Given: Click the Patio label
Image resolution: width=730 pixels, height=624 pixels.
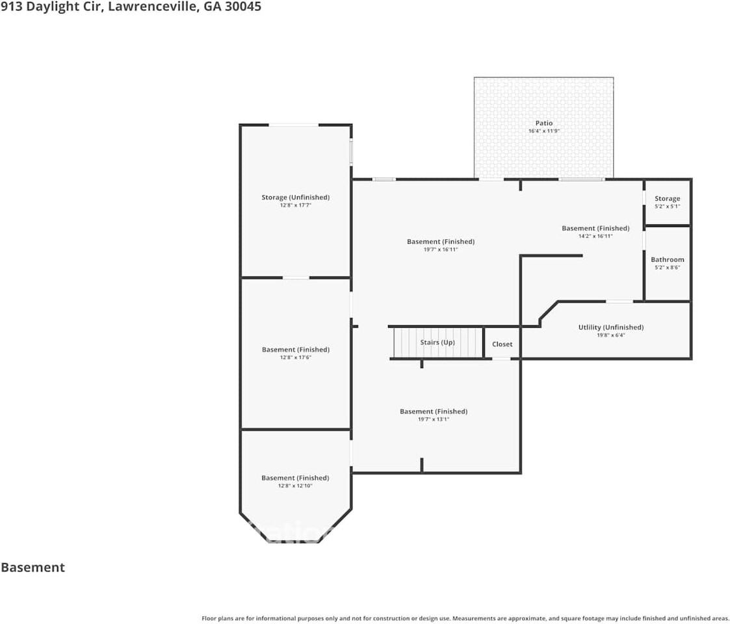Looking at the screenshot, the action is pos(544,123).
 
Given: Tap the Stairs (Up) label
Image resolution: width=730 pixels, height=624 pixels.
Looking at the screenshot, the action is pos(437,343).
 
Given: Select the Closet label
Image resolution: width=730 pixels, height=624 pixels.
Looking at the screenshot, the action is pos(502,344).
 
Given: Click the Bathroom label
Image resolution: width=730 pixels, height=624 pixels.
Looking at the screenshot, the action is pos(667,259).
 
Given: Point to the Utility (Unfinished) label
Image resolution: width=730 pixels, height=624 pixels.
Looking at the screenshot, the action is pos(611,328).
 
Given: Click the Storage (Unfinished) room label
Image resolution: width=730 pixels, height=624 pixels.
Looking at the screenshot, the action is pos(295,198).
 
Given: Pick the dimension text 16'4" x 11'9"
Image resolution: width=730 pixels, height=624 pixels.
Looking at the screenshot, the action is pos(544,131).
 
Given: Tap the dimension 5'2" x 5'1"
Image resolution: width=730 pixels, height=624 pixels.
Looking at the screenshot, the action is pos(667,206).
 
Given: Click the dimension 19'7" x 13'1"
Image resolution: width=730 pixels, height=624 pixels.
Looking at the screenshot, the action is pos(434,419).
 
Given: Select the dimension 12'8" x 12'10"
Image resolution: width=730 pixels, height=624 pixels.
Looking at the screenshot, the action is pos(295,486).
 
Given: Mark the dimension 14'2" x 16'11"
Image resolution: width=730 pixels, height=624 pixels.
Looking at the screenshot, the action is pos(595,236).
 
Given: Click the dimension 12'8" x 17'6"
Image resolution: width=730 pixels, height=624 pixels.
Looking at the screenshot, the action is pos(295,357).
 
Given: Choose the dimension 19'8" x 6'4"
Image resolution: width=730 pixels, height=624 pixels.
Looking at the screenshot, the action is pos(611,335).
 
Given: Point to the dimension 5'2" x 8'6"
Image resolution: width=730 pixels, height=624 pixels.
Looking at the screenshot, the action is pos(667,268).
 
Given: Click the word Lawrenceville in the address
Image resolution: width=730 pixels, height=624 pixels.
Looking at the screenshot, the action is pos(152,6).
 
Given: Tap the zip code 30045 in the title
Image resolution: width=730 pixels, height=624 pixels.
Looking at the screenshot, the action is pos(243,6).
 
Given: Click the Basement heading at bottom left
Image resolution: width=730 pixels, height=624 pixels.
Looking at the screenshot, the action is pos(33,567).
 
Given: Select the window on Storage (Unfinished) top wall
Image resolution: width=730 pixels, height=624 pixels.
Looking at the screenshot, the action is pos(294,125).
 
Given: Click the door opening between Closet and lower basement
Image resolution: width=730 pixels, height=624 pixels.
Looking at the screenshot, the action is pos(501,359).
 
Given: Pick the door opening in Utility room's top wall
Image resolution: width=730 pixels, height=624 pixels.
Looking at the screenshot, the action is pos(619,302).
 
